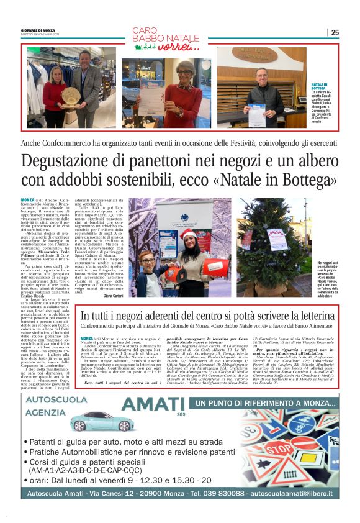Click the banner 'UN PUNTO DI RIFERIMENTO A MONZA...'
256,404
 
